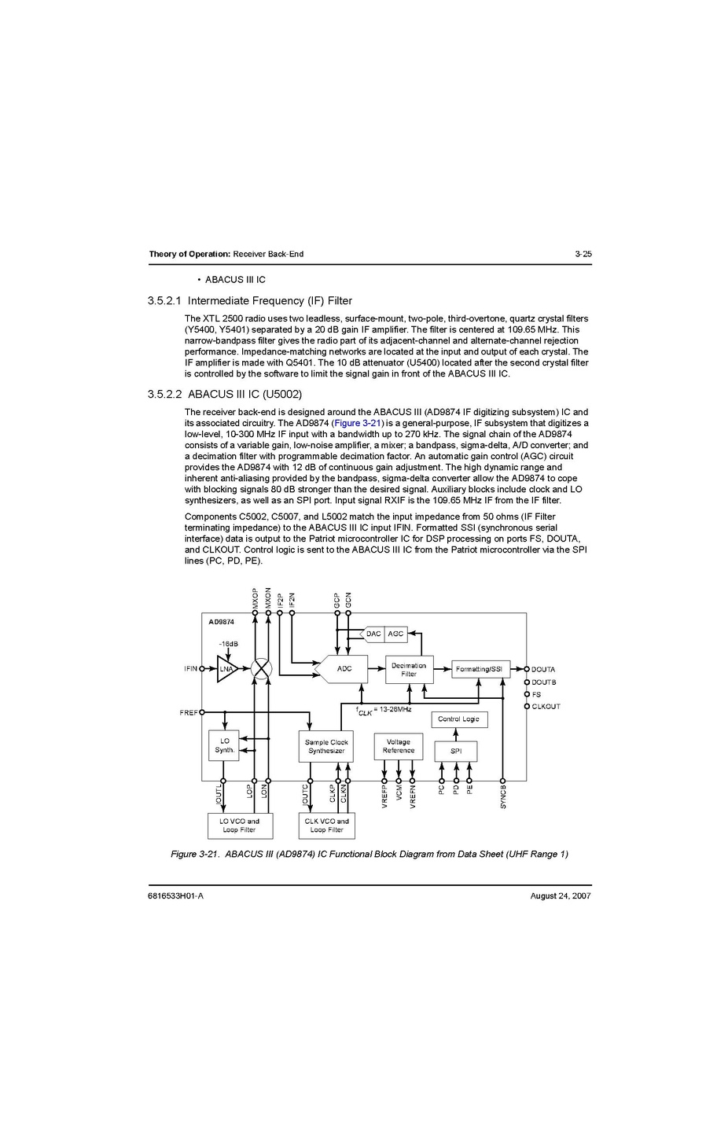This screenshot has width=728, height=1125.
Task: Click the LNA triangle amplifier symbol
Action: (x=226, y=669)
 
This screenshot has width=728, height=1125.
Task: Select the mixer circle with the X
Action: (x=261, y=669)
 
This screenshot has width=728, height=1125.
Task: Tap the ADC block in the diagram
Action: (x=344, y=668)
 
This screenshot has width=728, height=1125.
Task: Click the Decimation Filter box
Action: (x=409, y=670)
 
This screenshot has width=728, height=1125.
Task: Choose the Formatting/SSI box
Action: (x=480, y=669)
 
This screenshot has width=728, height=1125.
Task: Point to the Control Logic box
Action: (x=459, y=719)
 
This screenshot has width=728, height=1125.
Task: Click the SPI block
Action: (x=456, y=751)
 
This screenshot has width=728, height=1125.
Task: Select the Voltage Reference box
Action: (x=399, y=746)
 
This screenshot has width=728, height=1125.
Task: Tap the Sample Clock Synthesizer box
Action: (x=326, y=746)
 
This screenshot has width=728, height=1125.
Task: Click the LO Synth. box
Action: (x=225, y=745)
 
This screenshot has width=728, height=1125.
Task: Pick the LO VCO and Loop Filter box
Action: (x=239, y=825)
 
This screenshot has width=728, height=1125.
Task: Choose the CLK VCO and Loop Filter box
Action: (x=326, y=825)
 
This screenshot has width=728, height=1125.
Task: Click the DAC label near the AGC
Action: (x=373, y=634)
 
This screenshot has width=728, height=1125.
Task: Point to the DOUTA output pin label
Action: (x=543, y=670)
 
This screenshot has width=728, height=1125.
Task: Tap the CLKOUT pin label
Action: (x=546, y=707)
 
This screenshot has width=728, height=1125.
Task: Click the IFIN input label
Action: (x=191, y=669)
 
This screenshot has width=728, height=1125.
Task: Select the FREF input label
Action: (x=189, y=713)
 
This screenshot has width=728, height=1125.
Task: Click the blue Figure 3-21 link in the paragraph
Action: (x=358, y=423)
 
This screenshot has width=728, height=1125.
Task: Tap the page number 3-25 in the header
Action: (x=583, y=254)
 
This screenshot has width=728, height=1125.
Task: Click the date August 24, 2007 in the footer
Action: (x=561, y=896)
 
